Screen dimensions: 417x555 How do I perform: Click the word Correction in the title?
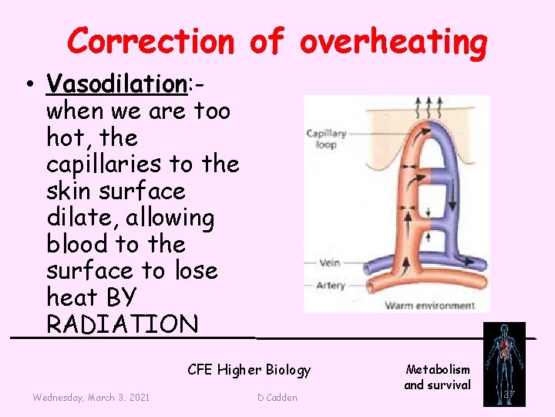[x=150, y=41]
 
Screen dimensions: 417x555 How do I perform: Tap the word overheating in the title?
[x=393, y=41]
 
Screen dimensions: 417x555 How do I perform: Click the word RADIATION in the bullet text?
[x=123, y=324]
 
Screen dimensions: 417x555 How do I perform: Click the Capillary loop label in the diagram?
[x=325, y=139]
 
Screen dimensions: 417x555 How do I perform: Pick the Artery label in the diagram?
[x=330, y=285]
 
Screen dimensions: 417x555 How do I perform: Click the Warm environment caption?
[x=430, y=305]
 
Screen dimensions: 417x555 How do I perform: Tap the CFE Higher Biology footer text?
[x=249, y=370]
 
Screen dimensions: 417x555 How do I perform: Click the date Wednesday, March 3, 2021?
[x=91, y=397]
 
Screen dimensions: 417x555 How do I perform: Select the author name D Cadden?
[x=277, y=397]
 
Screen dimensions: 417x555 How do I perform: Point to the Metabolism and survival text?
[x=437, y=377]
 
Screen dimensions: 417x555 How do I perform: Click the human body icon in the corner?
[x=503, y=361]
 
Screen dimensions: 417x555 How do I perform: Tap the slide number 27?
[x=508, y=395]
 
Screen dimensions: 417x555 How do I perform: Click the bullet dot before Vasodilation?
[x=29, y=84]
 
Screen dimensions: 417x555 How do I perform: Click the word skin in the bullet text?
[x=71, y=191]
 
